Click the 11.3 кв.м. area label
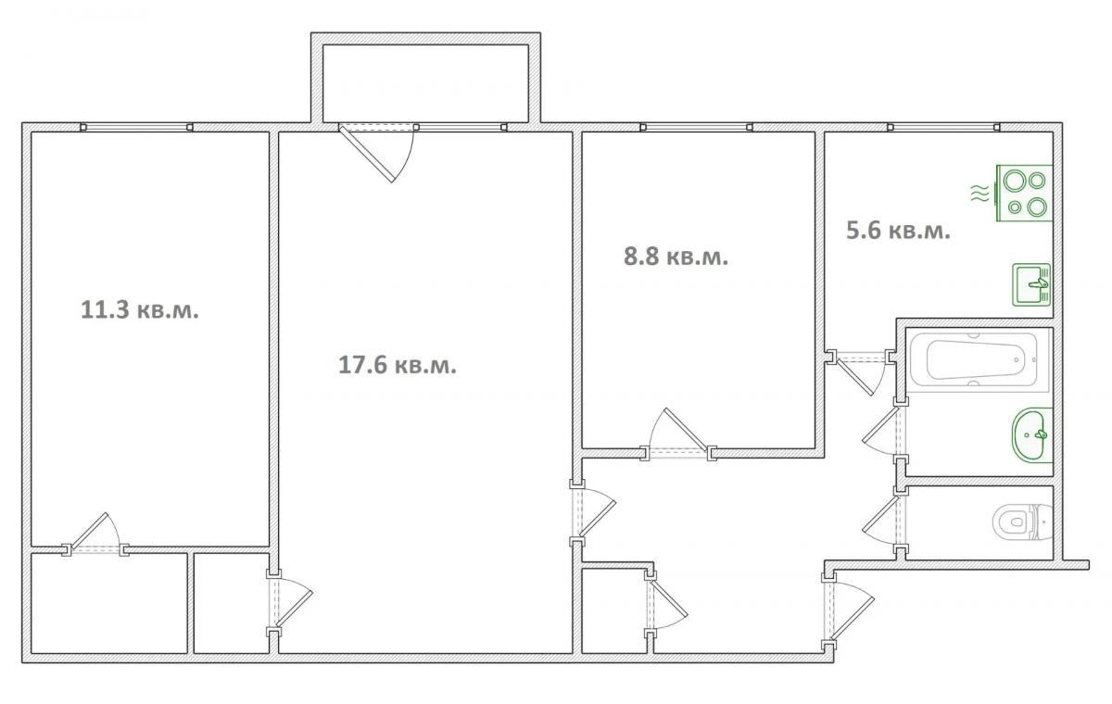coord(140,309)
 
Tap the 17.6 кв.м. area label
coord(398,365)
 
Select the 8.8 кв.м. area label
coord(676,257)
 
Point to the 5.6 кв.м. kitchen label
coord(898,231)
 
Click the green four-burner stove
coord(1024,193)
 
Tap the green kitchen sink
coord(1031,284)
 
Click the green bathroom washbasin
coord(1032,435)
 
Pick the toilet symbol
coord(1023,522)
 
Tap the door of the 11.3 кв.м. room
coord(95,534)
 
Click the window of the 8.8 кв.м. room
coord(697,128)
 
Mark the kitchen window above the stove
coord(943,128)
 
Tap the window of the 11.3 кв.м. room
coord(136,128)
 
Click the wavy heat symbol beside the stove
coord(980,193)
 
